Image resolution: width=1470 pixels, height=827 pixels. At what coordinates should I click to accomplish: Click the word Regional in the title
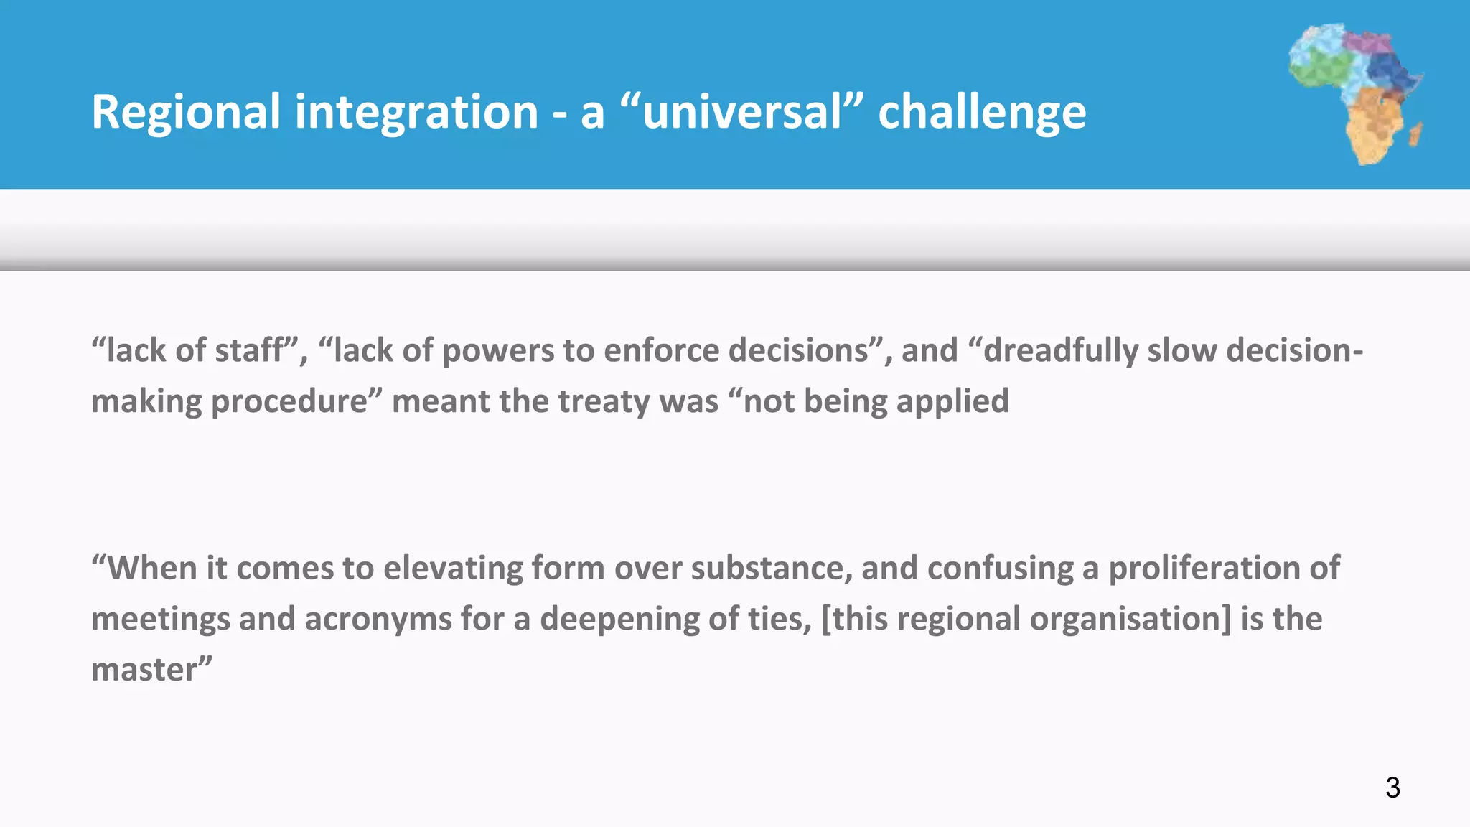click(x=185, y=112)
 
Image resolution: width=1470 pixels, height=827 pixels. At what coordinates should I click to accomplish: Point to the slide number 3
click(x=1392, y=788)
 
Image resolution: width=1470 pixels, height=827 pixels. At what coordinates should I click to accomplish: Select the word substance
click(x=771, y=568)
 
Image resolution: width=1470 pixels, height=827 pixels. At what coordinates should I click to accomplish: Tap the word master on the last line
click(x=144, y=671)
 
